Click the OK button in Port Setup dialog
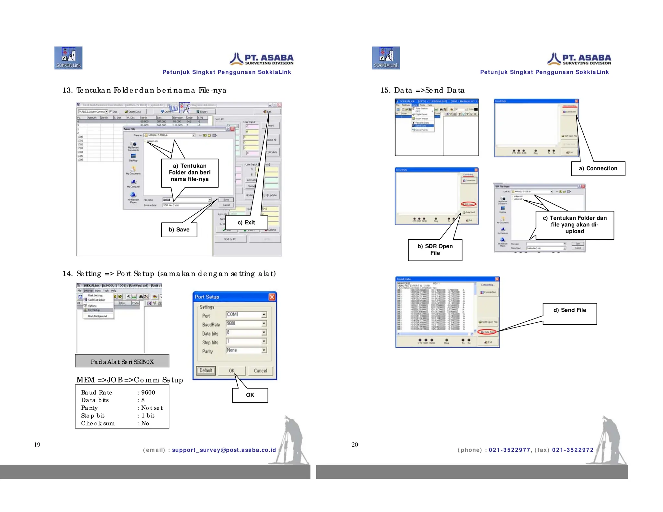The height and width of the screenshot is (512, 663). (231, 371)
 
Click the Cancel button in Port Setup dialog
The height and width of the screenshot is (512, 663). (260, 371)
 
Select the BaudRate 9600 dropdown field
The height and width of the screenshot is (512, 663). (246, 323)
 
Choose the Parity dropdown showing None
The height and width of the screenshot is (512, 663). (246, 350)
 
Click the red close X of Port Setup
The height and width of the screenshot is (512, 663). (272, 297)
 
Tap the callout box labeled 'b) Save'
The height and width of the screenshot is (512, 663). (179, 229)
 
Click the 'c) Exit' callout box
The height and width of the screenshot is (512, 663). (246, 223)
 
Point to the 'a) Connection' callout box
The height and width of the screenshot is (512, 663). (598, 168)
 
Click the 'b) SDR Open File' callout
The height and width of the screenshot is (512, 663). (435, 250)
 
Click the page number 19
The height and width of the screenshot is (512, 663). (37, 444)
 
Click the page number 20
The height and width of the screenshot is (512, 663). (355, 444)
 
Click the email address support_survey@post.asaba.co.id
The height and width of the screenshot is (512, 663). (224, 450)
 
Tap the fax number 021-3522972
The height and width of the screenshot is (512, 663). (573, 450)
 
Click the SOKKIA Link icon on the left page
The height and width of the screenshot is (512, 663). (68, 58)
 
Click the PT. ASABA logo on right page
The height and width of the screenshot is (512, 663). (579, 59)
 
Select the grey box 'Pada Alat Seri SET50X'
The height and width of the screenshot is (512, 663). (122, 361)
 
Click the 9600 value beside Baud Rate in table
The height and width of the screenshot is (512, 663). (148, 392)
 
